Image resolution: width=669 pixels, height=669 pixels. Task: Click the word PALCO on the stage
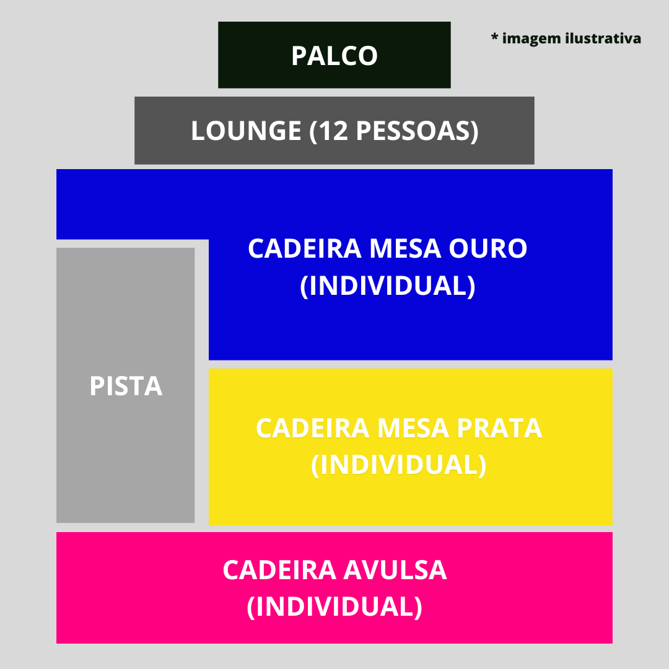click(x=334, y=56)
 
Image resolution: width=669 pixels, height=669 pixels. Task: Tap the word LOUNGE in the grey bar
click(x=246, y=131)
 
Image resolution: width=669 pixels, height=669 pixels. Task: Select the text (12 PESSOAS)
click(x=394, y=131)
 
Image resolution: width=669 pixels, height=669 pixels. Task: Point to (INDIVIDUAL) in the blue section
click(x=388, y=286)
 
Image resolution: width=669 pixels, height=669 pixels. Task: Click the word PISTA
click(x=126, y=386)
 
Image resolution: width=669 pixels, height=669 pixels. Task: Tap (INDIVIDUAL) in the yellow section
click(x=398, y=465)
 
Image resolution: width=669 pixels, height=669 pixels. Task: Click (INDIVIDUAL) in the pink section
click(x=334, y=606)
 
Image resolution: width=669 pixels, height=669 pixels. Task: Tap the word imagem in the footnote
click(x=531, y=38)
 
